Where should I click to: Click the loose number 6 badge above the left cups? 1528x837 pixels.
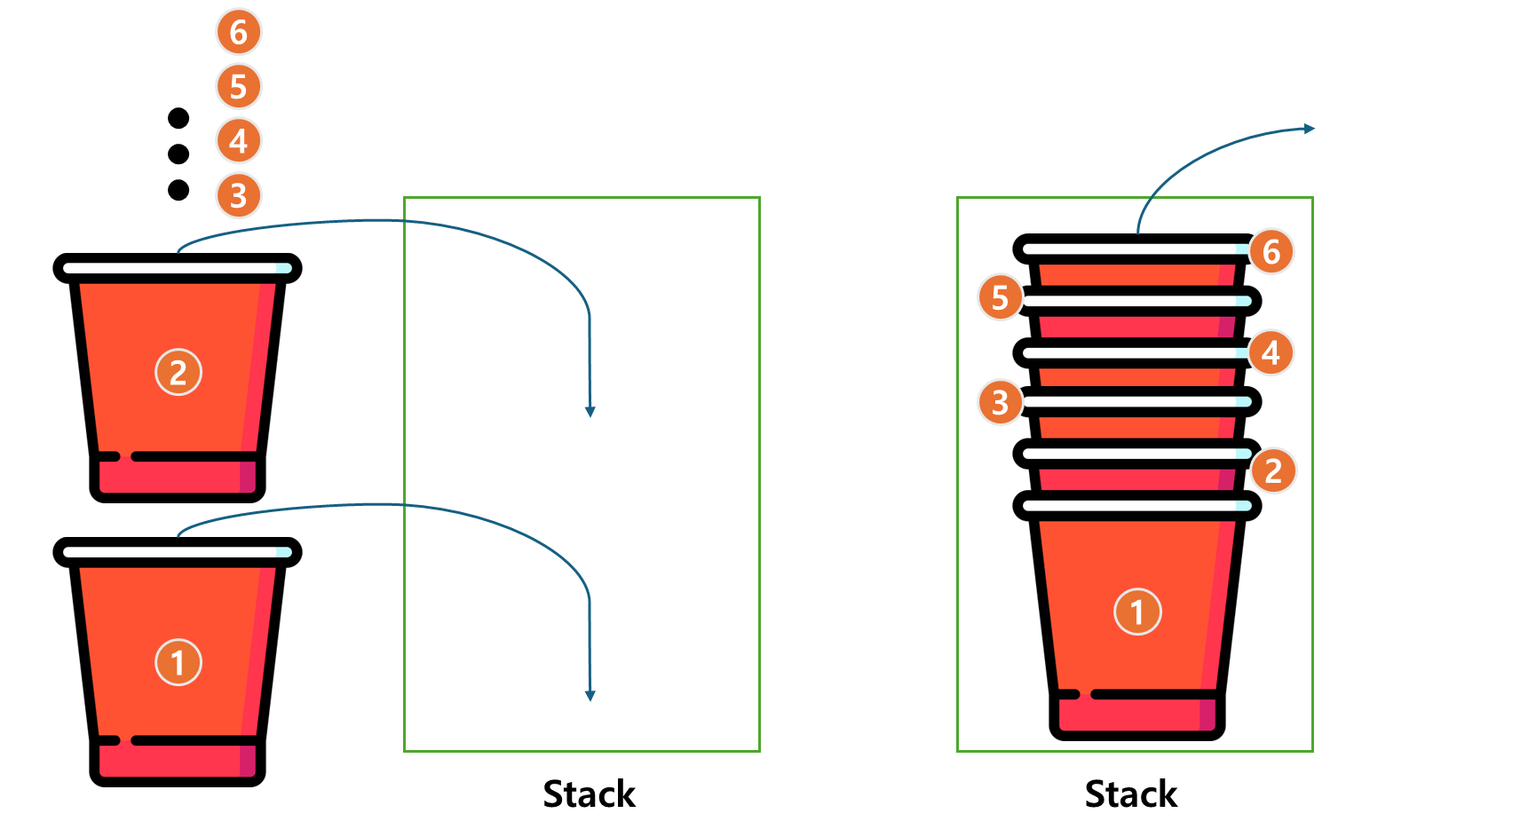click(239, 32)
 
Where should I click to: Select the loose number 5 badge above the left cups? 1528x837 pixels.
click(239, 87)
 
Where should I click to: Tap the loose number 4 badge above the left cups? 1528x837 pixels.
click(239, 141)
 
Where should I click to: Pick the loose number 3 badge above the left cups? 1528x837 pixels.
click(239, 195)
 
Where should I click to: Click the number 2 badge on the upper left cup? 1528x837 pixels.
click(178, 372)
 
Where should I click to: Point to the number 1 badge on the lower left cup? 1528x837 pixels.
click(178, 662)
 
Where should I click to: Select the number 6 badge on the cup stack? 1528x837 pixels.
click(1271, 252)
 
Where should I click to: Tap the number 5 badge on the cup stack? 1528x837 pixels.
click(1001, 297)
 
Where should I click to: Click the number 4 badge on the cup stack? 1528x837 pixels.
click(1271, 352)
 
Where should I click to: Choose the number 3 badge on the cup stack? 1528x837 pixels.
click(1001, 402)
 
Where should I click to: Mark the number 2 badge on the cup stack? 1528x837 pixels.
click(1273, 470)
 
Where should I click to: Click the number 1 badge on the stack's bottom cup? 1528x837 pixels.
click(1137, 612)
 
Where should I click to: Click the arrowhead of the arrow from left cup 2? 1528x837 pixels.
click(590, 412)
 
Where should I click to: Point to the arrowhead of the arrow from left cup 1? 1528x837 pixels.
click(590, 696)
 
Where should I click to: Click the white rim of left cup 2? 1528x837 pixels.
click(178, 268)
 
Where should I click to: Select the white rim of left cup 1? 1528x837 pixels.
click(178, 552)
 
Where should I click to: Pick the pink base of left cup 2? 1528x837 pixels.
click(178, 477)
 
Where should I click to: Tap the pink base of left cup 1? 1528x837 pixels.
click(178, 761)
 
